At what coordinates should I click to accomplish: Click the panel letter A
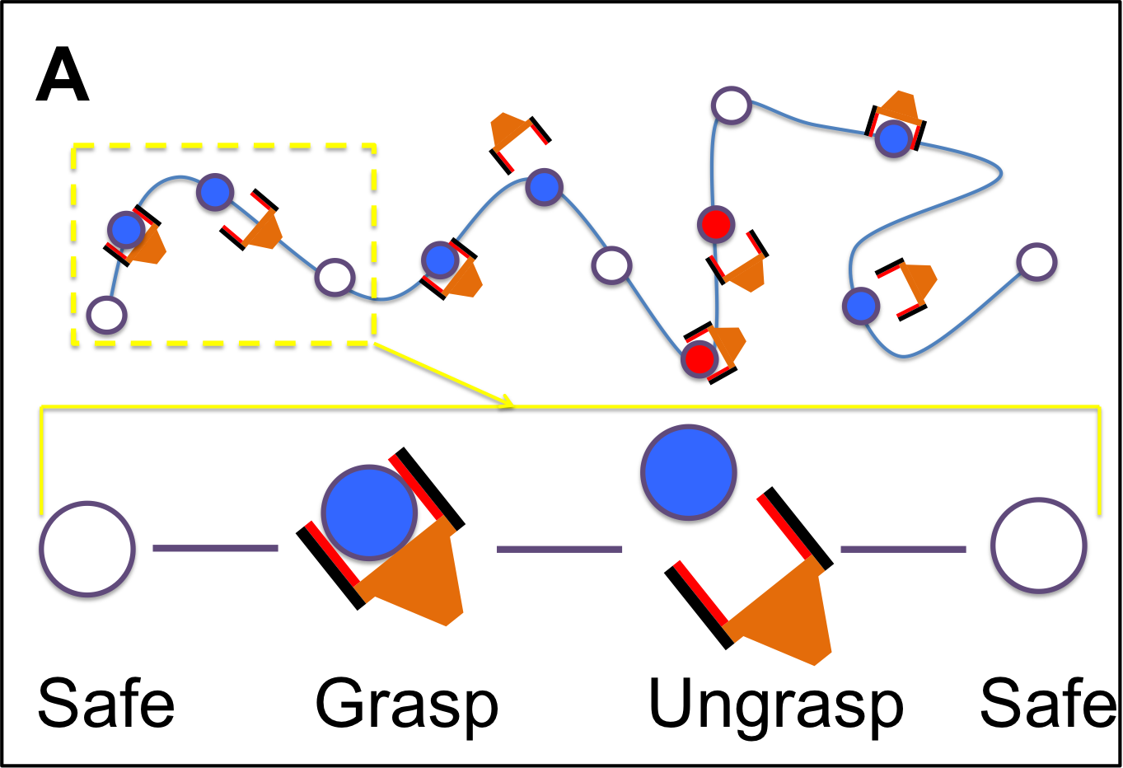(x=62, y=75)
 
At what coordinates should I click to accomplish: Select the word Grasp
(x=407, y=705)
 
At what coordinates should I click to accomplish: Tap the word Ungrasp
(x=775, y=705)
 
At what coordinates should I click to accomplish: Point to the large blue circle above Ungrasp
(x=688, y=475)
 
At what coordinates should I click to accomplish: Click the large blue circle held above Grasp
(x=369, y=513)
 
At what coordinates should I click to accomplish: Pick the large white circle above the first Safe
(x=87, y=550)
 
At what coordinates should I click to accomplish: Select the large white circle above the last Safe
(x=1038, y=546)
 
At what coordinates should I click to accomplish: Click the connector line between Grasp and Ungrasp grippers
(x=559, y=549)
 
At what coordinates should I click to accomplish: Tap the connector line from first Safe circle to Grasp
(x=215, y=548)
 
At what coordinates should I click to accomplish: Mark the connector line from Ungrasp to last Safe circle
(x=902, y=549)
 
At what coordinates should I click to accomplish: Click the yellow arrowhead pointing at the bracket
(x=507, y=400)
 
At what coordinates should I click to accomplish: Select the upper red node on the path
(x=714, y=224)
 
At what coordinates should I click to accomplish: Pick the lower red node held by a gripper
(x=700, y=358)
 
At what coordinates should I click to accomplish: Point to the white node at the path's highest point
(x=730, y=105)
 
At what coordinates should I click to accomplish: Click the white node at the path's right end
(x=1036, y=263)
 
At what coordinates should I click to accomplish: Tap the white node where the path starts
(x=107, y=315)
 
